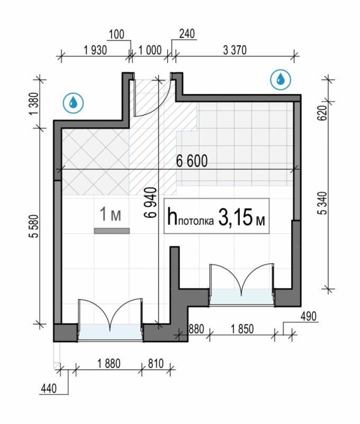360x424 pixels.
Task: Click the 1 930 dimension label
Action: [x=95, y=50]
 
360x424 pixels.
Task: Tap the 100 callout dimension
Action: [x=116, y=34]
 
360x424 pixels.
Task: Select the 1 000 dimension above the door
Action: [x=150, y=50]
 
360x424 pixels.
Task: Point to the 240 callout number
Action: [x=187, y=34]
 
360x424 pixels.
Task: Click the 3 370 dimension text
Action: [x=235, y=50]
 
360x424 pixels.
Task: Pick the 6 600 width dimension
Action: [x=192, y=161]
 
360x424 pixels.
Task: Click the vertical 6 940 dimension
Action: [x=150, y=202]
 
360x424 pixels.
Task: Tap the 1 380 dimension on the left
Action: [x=35, y=103]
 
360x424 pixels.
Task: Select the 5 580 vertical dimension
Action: [x=35, y=226]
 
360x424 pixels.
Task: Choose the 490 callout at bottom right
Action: [x=308, y=316]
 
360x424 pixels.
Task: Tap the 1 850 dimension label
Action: [x=242, y=329]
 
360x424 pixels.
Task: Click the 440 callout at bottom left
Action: [x=49, y=389]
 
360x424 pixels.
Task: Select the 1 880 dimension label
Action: [x=109, y=364]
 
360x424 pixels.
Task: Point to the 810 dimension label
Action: [x=156, y=364]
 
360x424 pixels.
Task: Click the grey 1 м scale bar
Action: [x=112, y=231]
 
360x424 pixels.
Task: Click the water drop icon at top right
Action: [x=281, y=79]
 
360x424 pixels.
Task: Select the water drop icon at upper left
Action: [x=73, y=103]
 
